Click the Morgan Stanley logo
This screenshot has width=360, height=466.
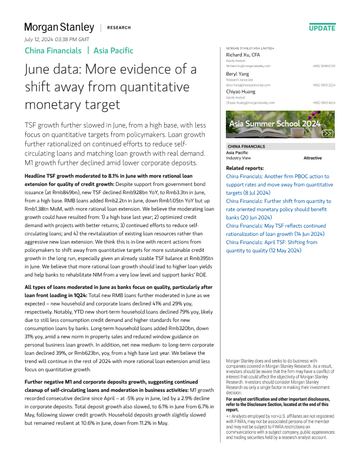click(59, 27)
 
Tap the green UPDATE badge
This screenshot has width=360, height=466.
click(322, 28)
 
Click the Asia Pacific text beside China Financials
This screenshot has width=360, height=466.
click(114, 51)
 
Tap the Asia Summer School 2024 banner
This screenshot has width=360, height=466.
click(281, 125)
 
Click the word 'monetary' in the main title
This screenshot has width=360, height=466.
click(54, 105)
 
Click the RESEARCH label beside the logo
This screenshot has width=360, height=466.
click(118, 28)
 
